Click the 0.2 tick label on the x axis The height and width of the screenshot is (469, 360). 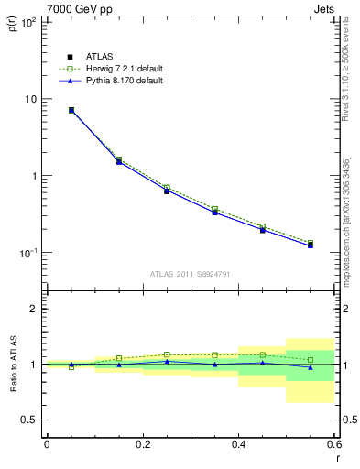(x=142, y=444)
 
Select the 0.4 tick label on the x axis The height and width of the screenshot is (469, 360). (x=238, y=444)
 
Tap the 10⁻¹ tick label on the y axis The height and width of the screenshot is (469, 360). (x=27, y=253)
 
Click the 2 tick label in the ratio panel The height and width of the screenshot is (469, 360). (x=34, y=309)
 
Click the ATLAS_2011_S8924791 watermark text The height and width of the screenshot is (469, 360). (x=189, y=273)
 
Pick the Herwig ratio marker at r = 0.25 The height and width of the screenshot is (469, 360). (x=167, y=354)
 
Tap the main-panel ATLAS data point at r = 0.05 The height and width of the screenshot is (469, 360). (x=71, y=110)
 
